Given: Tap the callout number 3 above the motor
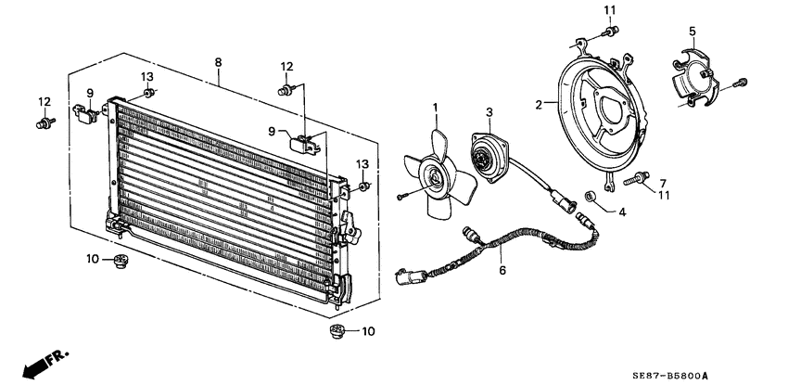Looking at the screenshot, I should coord(489,112).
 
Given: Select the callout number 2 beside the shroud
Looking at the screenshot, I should coord(539,106).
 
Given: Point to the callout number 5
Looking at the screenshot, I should coord(692,32).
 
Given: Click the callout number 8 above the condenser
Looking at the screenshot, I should coord(218,62).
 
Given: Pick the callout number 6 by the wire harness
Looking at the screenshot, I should coord(502,271).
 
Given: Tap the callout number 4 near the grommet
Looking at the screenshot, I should coord(621,211).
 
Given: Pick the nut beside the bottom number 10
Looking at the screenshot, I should coord(337,331).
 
